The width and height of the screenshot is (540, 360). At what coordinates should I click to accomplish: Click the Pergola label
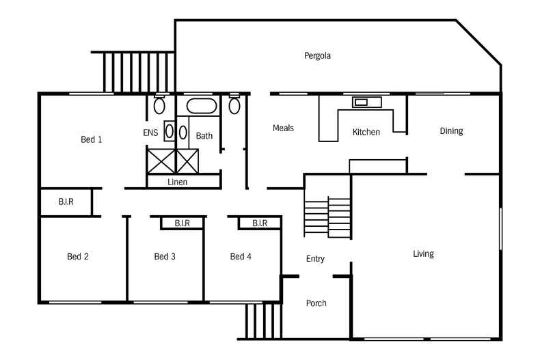pyautogui.click(x=317, y=56)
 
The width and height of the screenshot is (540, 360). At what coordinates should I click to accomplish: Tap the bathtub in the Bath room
pyautogui.click(x=202, y=106)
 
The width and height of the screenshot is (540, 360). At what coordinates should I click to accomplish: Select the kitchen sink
pyautogui.click(x=367, y=102)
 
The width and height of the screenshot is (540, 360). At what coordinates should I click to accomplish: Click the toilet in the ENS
pyautogui.click(x=159, y=105)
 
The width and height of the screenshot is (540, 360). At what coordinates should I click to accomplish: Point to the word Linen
pyautogui.click(x=177, y=182)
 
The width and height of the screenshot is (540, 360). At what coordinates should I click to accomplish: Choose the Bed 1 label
pyautogui.click(x=92, y=139)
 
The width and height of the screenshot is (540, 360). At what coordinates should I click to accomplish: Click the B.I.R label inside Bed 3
pyautogui.click(x=183, y=223)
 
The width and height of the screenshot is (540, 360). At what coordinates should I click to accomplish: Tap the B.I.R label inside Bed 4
pyautogui.click(x=260, y=223)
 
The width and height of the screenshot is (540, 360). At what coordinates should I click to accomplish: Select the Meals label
pyautogui.click(x=283, y=128)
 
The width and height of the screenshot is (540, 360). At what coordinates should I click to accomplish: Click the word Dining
pyautogui.click(x=451, y=131)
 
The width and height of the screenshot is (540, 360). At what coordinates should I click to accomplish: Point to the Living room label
pyautogui.click(x=423, y=254)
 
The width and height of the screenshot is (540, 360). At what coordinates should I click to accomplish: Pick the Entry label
pyautogui.click(x=315, y=259)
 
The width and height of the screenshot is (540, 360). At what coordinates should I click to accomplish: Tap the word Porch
pyautogui.click(x=316, y=303)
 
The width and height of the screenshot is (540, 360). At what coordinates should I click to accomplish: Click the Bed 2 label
pyautogui.click(x=78, y=256)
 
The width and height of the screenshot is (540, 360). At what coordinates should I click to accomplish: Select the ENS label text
pyautogui.click(x=150, y=133)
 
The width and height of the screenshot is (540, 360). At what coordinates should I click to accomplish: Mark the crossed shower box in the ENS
pyautogui.click(x=161, y=161)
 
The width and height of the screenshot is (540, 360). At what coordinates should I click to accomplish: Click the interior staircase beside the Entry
pyautogui.click(x=327, y=217)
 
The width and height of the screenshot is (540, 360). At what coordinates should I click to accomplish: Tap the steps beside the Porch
pyautogui.click(x=263, y=321)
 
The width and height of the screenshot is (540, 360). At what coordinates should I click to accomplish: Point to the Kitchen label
pyautogui.click(x=366, y=132)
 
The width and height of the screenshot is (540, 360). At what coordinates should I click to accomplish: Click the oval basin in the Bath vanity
pyautogui.click(x=183, y=133)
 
